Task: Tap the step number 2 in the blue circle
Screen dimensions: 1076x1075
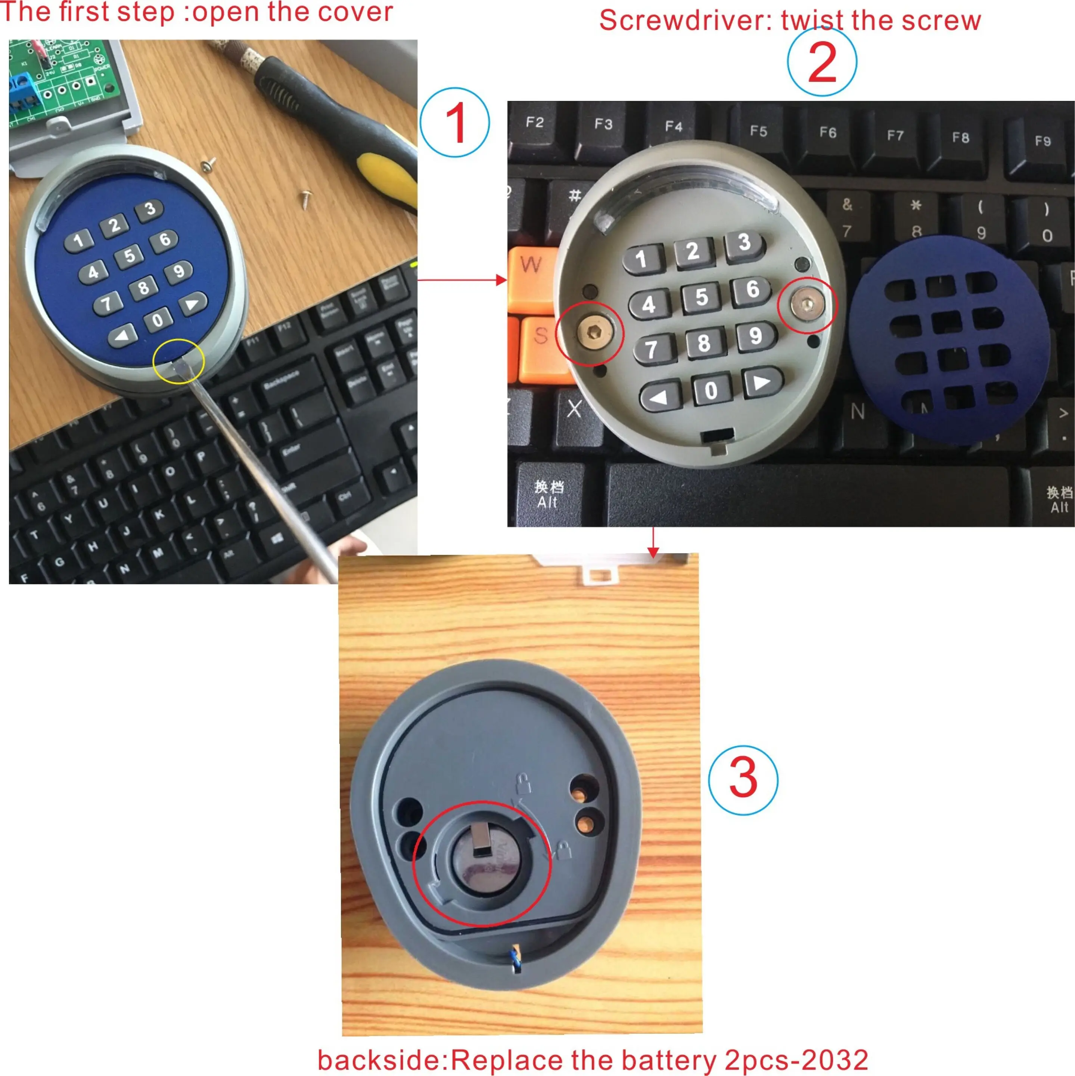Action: pyautogui.click(x=822, y=62)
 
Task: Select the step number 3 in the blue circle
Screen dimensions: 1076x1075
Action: pyautogui.click(x=743, y=780)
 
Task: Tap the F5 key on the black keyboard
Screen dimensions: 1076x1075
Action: pyautogui.click(x=758, y=132)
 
